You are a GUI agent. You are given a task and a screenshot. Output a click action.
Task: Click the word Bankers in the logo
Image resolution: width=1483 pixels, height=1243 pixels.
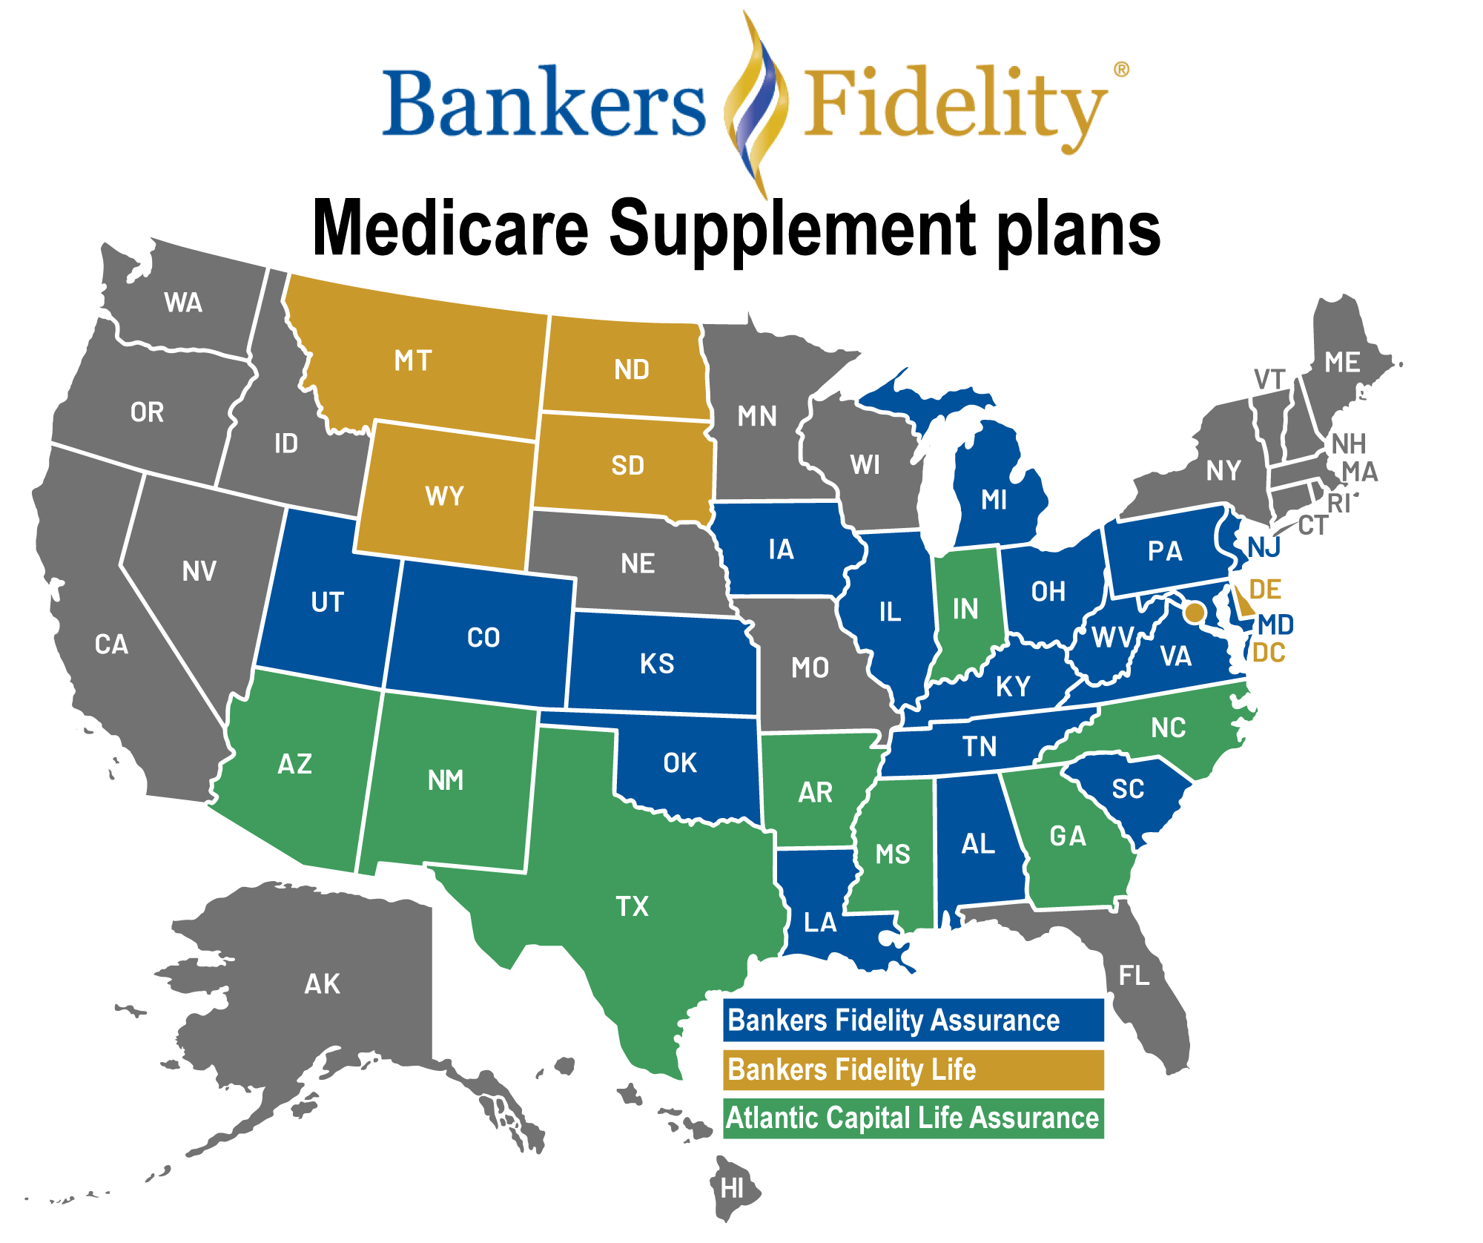pyautogui.click(x=544, y=104)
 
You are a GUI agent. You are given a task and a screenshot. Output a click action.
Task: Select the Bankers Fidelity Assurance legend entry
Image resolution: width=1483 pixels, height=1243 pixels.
pyautogui.click(x=913, y=1021)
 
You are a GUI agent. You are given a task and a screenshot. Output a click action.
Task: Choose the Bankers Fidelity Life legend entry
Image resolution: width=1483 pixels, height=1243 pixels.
pyautogui.click(x=913, y=1069)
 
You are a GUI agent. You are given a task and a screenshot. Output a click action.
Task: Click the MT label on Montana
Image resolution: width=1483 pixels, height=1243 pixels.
pyautogui.click(x=413, y=361)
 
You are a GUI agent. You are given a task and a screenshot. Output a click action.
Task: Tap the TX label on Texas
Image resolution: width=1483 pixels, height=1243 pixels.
pyautogui.click(x=632, y=906)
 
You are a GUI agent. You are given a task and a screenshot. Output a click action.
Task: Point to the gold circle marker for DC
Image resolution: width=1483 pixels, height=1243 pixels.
pyautogui.click(x=1195, y=613)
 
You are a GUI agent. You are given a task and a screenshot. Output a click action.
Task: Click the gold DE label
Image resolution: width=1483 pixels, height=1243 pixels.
pyautogui.click(x=1265, y=590)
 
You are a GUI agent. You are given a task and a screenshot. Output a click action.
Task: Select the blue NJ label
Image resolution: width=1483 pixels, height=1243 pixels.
pyautogui.click(x=1264, y=548)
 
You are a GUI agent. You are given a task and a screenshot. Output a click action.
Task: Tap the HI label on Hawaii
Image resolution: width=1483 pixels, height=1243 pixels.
pyautogui.click(x=732, y=1189)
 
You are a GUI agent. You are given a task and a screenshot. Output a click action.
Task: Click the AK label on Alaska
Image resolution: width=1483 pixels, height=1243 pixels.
pyautogui.click(x=323, y=984)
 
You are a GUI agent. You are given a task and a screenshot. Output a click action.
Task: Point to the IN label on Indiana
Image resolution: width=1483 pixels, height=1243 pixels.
pyautogui.click(x=965, y=610)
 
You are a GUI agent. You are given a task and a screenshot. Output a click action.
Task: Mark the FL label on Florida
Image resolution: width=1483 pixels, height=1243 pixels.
pyautogui.click(x=1134, y=976)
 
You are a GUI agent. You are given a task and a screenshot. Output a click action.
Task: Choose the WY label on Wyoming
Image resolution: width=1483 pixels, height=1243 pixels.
pyautogui.click(x=444, y=496)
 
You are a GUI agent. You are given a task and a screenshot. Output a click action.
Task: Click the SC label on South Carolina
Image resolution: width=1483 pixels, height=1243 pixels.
pyautogui.click(x=1128, y=789)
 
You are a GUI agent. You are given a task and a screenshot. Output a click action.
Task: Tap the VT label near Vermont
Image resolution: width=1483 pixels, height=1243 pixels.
pyautogui.click(x=1269, y=380)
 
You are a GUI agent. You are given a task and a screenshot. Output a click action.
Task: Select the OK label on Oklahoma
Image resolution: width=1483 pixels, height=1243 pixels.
pyautogui.click(x=680, y=763)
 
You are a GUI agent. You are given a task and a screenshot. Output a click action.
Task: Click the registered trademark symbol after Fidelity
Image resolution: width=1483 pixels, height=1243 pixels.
pyautogui.click(x=1122, y=70)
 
